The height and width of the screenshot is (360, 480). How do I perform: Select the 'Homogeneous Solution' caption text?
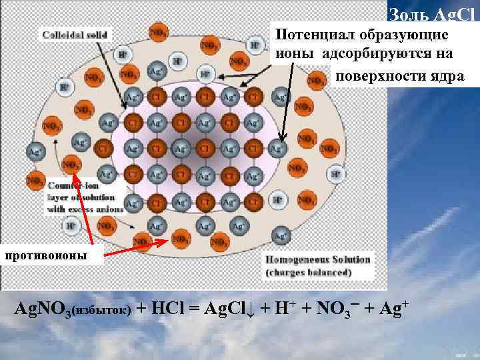(x=319, y=259)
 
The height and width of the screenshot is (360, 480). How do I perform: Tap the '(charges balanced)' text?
(x=308, y=272)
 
